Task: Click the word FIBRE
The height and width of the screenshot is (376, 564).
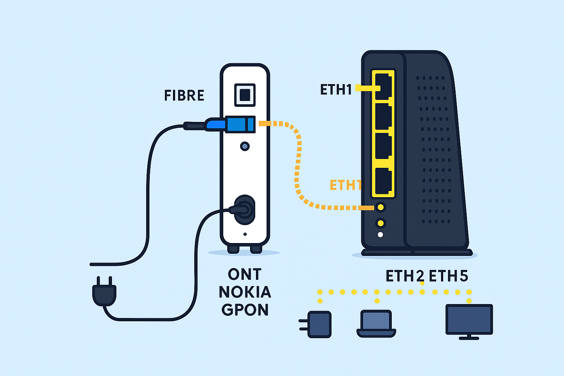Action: click(x=184, y=95)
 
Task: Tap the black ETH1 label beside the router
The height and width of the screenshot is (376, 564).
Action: click(x=336, y=90)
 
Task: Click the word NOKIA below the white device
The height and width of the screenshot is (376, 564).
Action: click(x=245, y=292)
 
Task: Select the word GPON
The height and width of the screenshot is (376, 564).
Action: click(x=245, y=310)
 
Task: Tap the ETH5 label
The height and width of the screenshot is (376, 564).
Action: click(x=448, y=276)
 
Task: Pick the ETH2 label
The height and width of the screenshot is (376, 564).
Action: click(x=405, y=276)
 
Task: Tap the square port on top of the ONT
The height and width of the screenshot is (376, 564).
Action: click(x=245, y=94)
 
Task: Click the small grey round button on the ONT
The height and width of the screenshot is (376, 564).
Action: click(x=245, y=147)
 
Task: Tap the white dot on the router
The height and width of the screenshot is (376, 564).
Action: click(x=380, y=235)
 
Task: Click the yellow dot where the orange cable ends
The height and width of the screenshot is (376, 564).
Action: click(x=381, y=207)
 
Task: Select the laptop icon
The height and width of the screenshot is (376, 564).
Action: click(x=376, y=323)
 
